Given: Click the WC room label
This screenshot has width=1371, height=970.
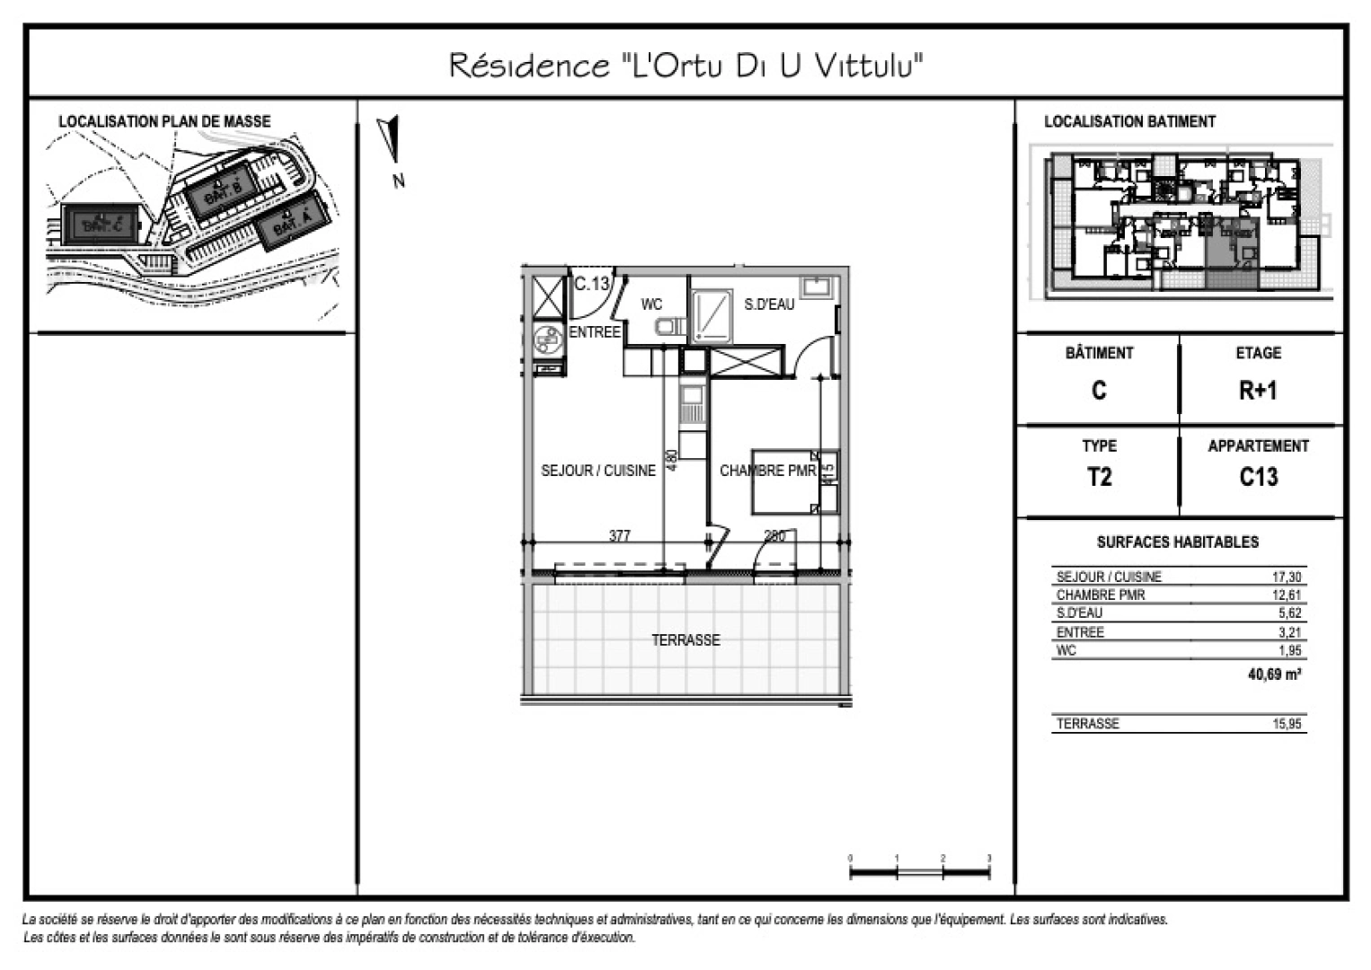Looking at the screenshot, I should click(x=651, y=305).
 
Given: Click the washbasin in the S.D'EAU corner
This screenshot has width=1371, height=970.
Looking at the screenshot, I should click(x=819, y=287).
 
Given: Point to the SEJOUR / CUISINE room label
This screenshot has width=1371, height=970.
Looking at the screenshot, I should click(x=598, y=471).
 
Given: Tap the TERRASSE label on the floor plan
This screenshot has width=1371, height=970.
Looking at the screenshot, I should click(x=685, y=640).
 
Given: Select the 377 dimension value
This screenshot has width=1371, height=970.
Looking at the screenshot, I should click(x=620, y=535).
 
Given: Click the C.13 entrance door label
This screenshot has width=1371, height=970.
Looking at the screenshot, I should click(x=591, y=284).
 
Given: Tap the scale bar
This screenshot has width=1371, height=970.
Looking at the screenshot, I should click(x=919, y=870).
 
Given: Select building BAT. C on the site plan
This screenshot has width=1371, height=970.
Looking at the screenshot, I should click(x=101, y=225).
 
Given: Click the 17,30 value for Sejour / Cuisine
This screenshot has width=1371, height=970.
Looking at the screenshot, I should click(x=1287, y=577).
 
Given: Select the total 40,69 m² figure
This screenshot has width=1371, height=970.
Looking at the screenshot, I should click(x=1274, y=675).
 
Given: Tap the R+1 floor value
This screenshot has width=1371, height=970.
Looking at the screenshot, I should click(x=1258, y=391).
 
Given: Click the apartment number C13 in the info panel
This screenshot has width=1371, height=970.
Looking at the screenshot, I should click(x=1258, y=477).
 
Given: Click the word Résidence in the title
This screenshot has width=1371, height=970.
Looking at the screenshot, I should click(x=528, y=66).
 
